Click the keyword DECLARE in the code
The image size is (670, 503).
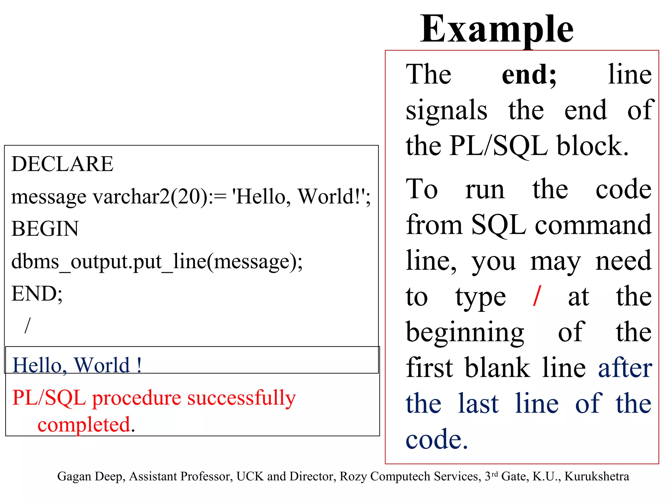click(62, 164)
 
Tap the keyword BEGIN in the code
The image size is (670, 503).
click(45, 229)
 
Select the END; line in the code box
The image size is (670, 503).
click(37, 293)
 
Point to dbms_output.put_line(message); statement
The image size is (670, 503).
click(157, 262)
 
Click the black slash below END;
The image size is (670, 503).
click(27, 325)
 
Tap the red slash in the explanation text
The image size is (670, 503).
click(537, 296)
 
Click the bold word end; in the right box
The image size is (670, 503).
click(529, 75)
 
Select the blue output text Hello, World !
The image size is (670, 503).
click(77, 365)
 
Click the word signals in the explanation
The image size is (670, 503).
click(446, 110)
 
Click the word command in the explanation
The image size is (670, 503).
click(593, 225)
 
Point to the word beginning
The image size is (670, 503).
click(465, 332)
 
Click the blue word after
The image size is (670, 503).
click(625, 368)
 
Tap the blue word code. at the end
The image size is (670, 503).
click(436, 439)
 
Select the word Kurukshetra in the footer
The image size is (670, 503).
click(596, 476)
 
